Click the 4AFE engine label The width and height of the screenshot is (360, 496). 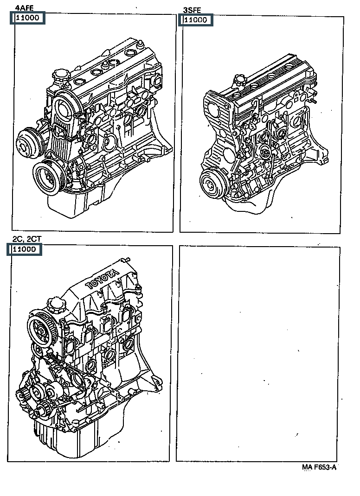tap(25, 8)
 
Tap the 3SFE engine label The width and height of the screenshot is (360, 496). tap(192, 10)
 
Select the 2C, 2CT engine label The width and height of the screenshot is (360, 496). tap(27, 239)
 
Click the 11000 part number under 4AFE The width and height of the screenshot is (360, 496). tap(27, 18)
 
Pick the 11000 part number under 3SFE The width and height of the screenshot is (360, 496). tap(196, 20)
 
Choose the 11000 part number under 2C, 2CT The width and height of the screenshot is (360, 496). tap(24, 249)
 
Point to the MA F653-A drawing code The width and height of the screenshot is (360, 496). tap(319, 467)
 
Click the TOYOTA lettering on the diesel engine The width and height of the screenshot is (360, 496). tap(102, 280)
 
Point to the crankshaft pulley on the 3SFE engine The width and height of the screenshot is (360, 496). tap(213, 184)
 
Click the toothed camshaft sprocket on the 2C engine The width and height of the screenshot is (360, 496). tap(42, 331)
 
